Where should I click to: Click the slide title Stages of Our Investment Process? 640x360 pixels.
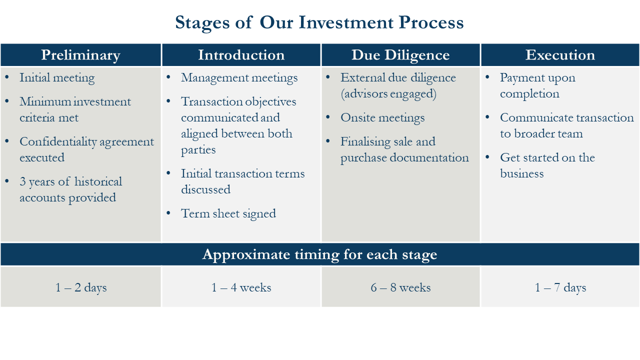click(319, 23)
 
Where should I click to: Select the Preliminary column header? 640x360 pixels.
click(80, 55)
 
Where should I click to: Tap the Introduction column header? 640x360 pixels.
click(241, 55)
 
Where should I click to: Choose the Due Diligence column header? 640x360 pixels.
click(400, 55)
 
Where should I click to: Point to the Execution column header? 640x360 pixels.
click(560, 55)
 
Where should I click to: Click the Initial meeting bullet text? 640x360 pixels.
click(57, 78)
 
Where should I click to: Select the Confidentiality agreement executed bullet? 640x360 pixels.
click(86, 149)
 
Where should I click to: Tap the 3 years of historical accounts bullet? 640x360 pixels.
click(70, 189)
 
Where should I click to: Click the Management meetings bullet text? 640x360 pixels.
click(239, 78)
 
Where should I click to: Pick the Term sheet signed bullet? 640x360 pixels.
click(228, 213)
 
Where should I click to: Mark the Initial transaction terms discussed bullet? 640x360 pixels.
click(242, 181)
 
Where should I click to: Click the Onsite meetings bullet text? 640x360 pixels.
click(382, 118)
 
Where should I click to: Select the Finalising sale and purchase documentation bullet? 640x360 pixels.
click(404, 149)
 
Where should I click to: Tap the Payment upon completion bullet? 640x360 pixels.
click(537, 85)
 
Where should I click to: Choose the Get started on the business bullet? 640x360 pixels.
click(547, 165)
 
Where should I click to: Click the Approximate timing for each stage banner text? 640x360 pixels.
click(319, 254)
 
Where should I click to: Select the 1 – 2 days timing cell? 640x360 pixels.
click(81, 287)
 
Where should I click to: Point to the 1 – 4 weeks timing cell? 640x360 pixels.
click(241, 287)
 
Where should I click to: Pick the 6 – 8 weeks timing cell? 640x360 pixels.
click(400, 287)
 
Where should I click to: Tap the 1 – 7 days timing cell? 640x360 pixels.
click(560, 287)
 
